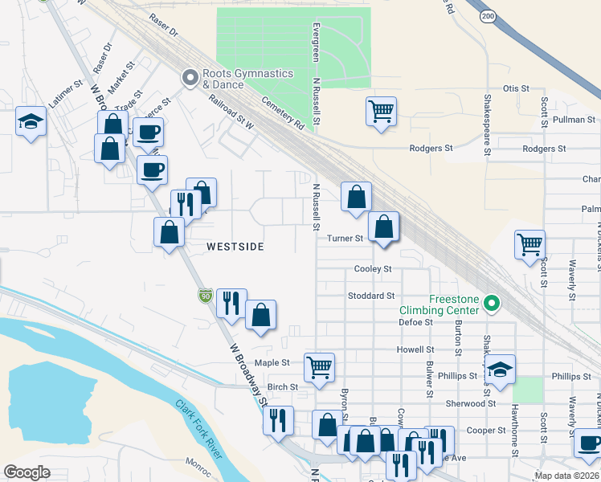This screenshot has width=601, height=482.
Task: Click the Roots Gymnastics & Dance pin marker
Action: (190, 78)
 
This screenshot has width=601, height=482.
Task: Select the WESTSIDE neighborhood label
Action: (234, 247)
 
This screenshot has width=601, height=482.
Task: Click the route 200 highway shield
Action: (488, 15)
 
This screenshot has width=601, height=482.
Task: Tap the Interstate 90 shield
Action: (206, 296)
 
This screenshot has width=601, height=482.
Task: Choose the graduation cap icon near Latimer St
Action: (31, 121)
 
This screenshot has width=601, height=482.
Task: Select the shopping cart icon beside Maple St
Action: (319, 366)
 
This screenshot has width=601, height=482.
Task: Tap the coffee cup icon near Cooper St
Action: (587, 443)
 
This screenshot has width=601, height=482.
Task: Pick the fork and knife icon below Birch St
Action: (278, 419)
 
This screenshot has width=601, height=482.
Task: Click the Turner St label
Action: (345, 239)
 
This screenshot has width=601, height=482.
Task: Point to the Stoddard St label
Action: (371, 296)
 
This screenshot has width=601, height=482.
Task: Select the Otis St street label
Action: (516, 88)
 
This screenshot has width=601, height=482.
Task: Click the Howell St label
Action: (415, 350)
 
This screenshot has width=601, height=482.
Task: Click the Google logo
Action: (27, 472)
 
